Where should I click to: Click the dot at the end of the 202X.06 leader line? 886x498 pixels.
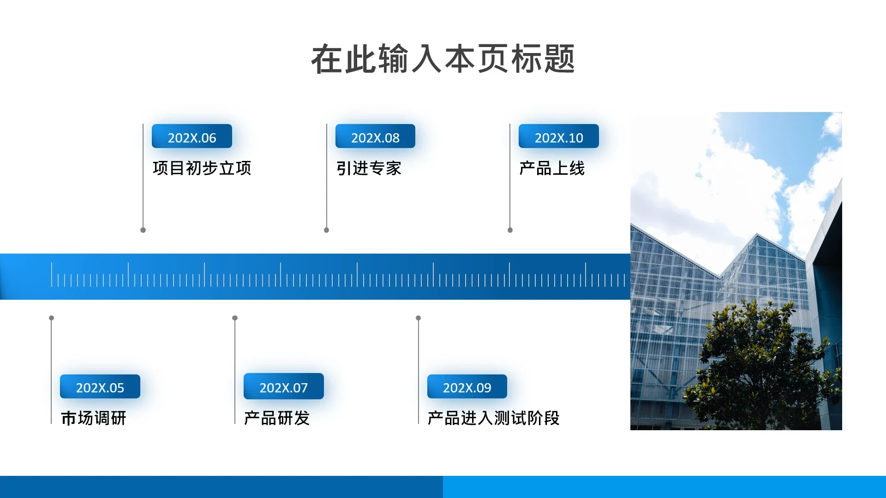(143, 230)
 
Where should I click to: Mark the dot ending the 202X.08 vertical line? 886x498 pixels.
(327, 230)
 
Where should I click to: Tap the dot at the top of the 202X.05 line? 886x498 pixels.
(52, 318)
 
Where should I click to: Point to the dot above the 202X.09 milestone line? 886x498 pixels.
(419, 318)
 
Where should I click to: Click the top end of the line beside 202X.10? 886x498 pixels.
(510, 124)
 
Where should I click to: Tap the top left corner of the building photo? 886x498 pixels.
(630, 112)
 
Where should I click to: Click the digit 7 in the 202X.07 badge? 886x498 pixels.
(304, 388)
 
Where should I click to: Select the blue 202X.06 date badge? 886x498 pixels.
(192, 136)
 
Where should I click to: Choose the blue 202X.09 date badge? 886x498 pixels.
(467, 386)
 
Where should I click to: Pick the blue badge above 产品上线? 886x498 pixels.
(559, 136)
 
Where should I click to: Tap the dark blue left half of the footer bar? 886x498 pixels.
(221, 487)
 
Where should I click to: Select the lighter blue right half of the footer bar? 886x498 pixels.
(664, 487)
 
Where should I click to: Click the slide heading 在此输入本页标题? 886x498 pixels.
(443, 59)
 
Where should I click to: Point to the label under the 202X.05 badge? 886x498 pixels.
(94, 418)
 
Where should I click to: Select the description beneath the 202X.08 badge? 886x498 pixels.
(369, 168)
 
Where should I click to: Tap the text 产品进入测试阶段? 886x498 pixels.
(493, 418)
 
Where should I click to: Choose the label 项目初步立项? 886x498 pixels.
(202, 168)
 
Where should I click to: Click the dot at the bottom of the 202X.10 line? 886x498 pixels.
(510, 230)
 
